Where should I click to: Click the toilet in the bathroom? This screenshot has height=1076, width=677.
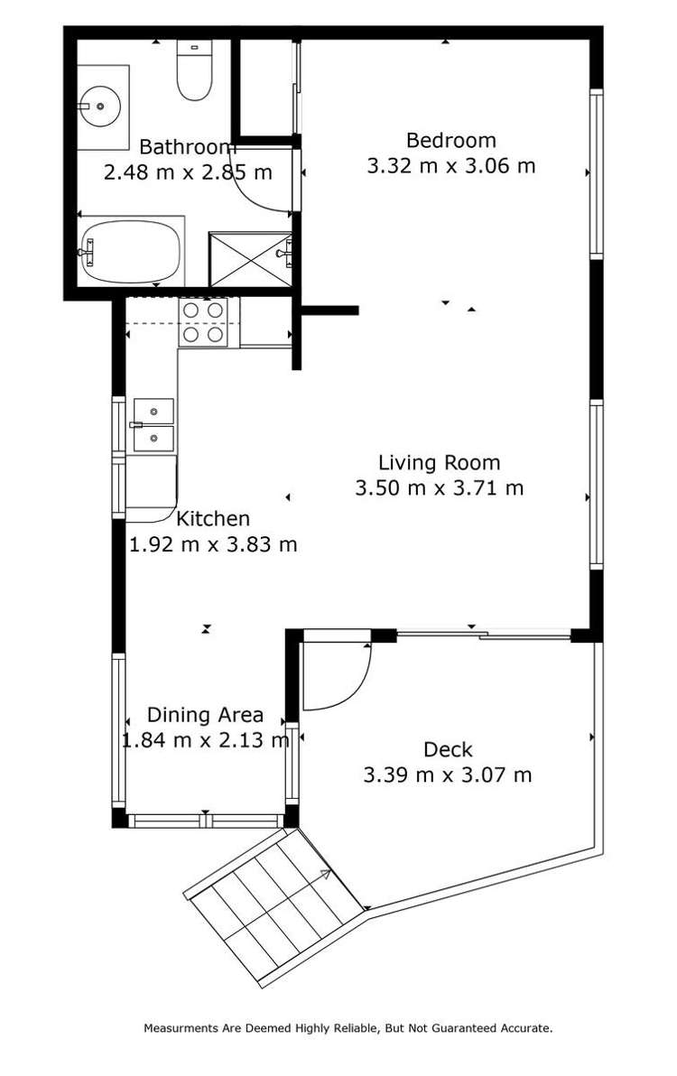(194, 70)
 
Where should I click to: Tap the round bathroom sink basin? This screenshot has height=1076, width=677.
(100, 107)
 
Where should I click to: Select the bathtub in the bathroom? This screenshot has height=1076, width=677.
(130, 252)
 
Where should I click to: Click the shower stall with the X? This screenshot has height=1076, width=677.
(250, 259)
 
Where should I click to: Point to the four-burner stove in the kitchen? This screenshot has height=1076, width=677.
(203, 322)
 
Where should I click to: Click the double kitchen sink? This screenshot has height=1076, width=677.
(153, 425)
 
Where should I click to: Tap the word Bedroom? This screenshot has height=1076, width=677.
(450, 140)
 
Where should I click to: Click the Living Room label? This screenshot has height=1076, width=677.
(439, 462)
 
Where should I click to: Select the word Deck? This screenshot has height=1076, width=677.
(448, 749)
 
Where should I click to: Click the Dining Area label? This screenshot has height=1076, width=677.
(205, 715)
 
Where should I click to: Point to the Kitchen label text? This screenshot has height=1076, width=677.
(213, 519)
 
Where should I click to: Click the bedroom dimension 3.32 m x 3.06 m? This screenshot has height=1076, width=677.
(450, 166)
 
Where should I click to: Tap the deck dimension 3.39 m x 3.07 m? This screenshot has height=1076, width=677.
(447, 775)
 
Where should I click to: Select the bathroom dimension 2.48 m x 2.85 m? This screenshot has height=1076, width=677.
(187, 172)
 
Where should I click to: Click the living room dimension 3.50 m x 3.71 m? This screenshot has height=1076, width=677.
(439, 488)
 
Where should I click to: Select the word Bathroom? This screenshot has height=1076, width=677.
(187, 146)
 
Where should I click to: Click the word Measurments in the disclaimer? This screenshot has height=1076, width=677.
(182, 1028)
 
